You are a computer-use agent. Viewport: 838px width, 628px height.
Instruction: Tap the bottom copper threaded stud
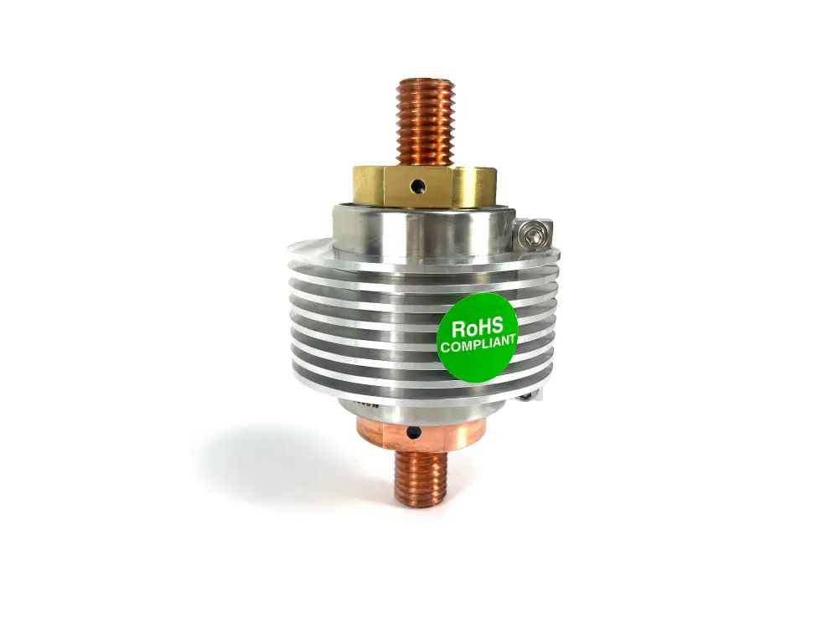coord(421,478)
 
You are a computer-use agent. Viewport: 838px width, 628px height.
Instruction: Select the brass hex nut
coord(425,186)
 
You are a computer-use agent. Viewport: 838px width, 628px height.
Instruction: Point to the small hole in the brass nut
coord(416,187)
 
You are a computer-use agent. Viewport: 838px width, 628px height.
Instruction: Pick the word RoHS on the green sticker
coord(478,327)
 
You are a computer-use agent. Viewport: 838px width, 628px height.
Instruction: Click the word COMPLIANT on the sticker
coord(478,343)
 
